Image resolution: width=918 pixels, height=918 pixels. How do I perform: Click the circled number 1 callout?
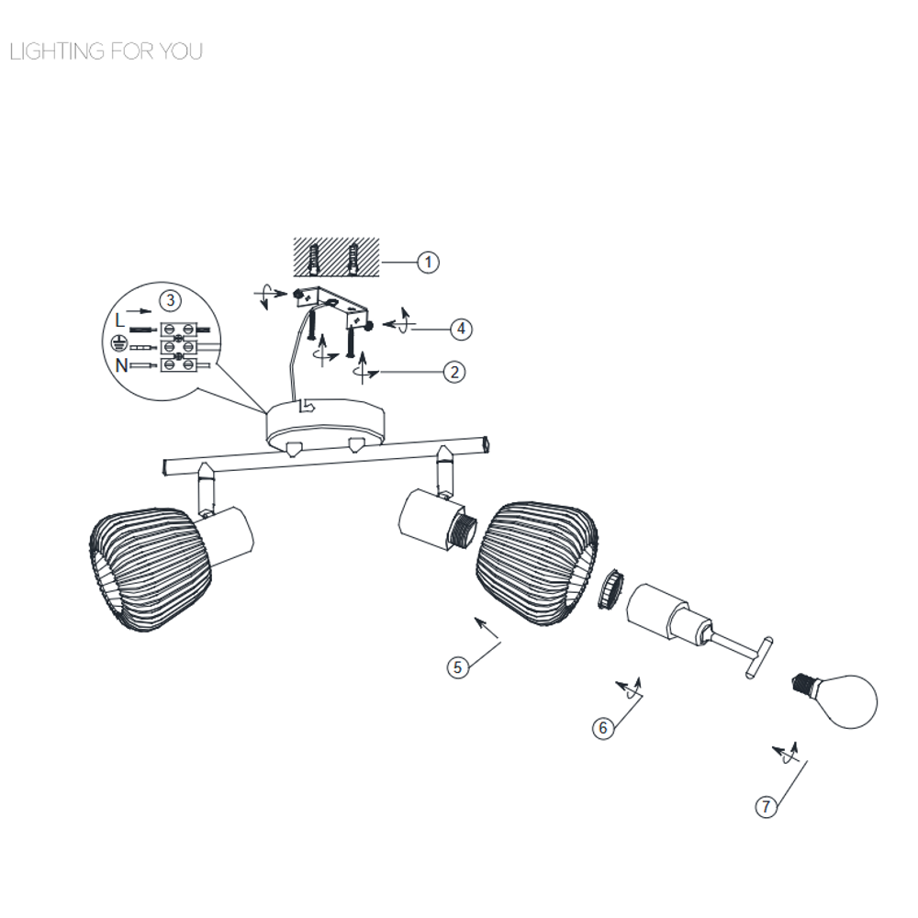428,262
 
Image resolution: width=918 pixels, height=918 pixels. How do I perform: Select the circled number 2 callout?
455,372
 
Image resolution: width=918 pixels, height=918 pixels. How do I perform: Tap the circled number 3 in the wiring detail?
171,301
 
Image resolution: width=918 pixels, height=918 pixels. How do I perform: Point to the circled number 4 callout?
461,329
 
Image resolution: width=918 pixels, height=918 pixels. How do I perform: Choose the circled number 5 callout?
457,666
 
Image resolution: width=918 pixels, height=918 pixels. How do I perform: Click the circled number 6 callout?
603,728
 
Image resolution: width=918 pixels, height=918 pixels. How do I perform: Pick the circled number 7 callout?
766,807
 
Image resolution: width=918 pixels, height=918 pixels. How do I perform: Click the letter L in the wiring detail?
120,320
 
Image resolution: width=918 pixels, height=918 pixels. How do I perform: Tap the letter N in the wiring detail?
121,365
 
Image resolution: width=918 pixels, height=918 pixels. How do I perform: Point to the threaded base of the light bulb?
802,683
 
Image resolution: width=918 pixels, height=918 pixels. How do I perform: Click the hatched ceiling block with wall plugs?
336,257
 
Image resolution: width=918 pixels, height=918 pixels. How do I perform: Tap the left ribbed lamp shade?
151,569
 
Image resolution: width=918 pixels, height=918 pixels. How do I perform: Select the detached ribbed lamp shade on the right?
537,564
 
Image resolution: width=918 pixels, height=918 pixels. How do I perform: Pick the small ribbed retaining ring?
610,588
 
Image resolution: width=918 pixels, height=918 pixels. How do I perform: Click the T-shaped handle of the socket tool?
759,658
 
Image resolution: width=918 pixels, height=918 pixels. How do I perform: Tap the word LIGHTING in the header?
57,51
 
